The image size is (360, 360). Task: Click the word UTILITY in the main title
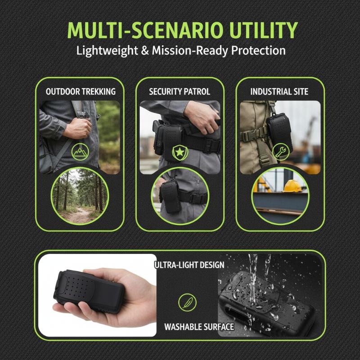pos(264,30)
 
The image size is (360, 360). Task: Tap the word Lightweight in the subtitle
pos(107,51)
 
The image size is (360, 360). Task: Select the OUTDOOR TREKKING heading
pos(81,92)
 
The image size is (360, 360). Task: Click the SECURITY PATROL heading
pos(180,92)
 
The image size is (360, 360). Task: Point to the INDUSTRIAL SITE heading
pos(279,92)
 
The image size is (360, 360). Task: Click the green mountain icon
pos(80,152)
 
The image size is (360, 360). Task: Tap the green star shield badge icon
pos(180,153)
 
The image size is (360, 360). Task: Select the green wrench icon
pos(281,152)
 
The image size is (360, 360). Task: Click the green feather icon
pos(187,302)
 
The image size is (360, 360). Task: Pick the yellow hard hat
pos(292,186)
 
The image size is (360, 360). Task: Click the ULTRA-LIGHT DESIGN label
pos(189,265)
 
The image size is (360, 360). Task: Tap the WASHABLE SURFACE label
pos(199,327)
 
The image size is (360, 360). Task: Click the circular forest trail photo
pos(80,196)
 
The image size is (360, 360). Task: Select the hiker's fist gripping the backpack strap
pos(78,129)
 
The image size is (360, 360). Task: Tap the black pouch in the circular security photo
pos(171,196)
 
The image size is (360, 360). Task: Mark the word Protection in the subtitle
pos(258,51)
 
